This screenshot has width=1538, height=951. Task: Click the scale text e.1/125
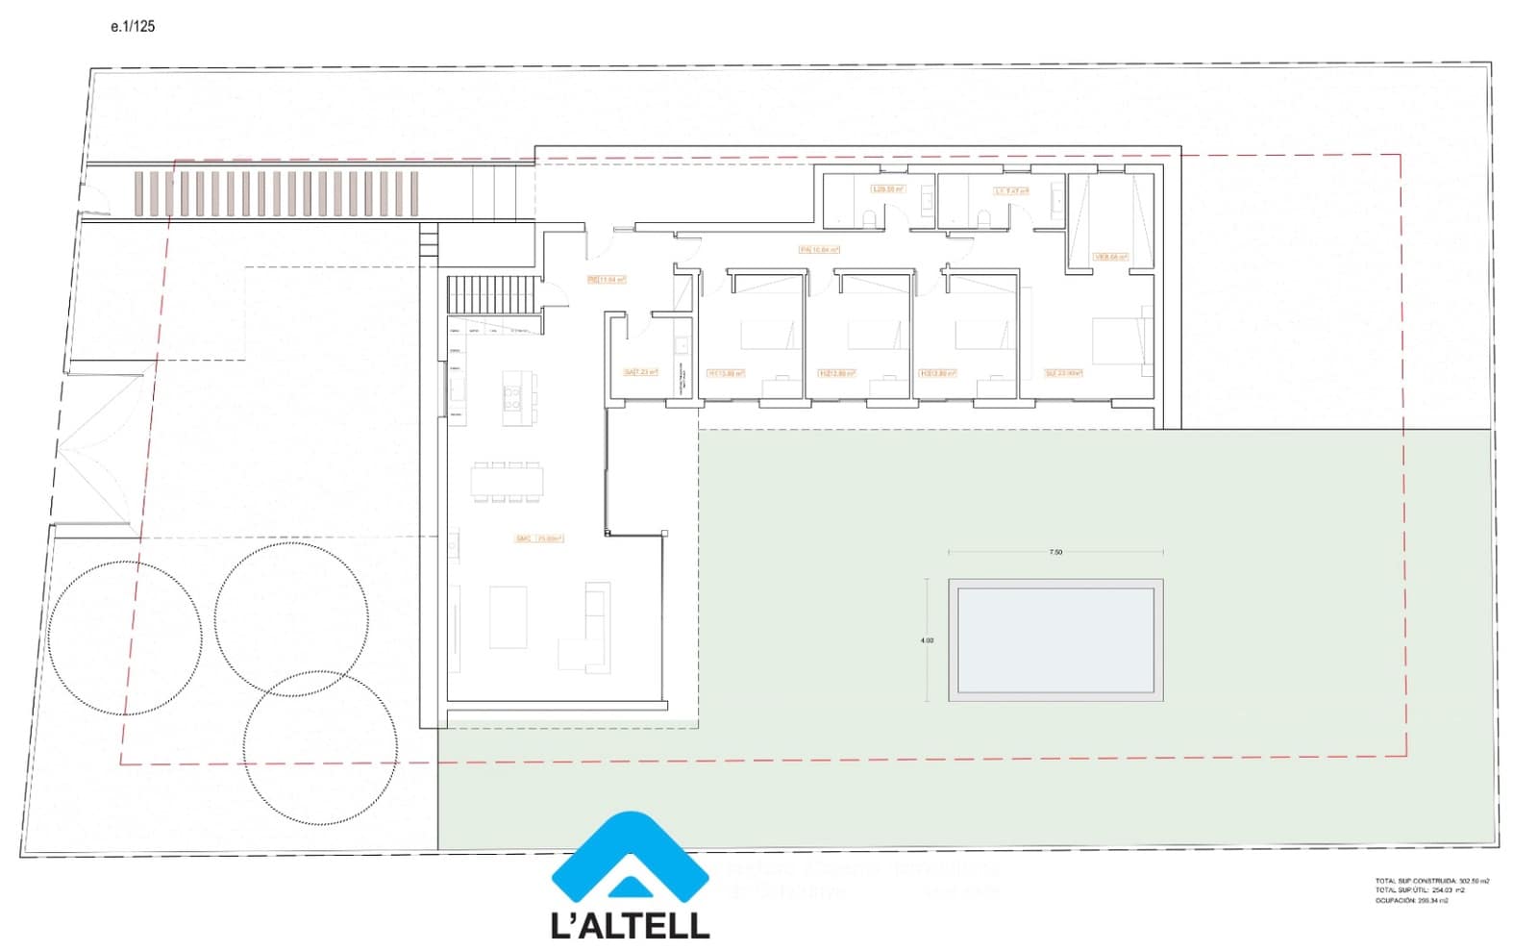click(x=132, y=27)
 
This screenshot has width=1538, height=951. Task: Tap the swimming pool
click(x=1055, y=639)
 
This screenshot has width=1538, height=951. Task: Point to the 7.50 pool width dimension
click(x=1055, y=552)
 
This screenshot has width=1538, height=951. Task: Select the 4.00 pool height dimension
click(x=927, y=640)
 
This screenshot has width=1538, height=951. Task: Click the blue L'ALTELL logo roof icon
click(x=630, y=858)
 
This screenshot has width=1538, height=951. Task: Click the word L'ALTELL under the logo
click(x=630, y=925)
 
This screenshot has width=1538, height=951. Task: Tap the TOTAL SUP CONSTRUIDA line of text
click(x=1431, y=881)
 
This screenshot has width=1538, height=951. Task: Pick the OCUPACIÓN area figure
click(x=1411, y=901)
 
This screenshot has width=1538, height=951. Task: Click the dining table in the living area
click(x=507, y=482)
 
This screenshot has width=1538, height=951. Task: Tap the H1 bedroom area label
click(x=726, y=373)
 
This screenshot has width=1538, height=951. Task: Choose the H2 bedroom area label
click(x=836, y=373)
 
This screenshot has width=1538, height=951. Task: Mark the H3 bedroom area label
click(x=937, y=373)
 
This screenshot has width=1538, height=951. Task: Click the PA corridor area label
click(x=819, y=250)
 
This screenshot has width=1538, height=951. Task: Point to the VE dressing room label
click(x=1110, y=257)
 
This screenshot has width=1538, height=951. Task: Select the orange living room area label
click(x=539, y=538)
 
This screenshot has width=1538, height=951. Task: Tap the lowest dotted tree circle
click(x=320, y=747)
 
